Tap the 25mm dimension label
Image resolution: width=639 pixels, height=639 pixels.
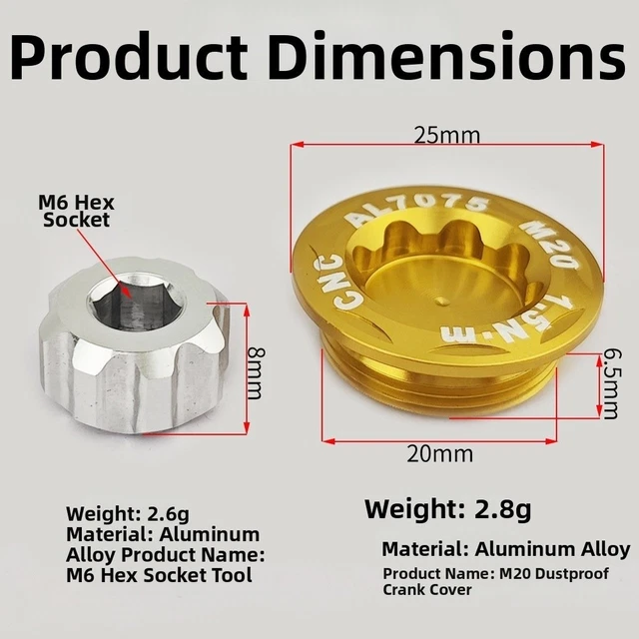tap(447, 134)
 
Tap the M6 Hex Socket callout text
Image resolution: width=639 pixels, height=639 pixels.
tap(76, 209)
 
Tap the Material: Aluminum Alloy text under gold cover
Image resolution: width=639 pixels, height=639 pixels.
tap(505, 548)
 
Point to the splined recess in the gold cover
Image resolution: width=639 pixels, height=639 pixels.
tap(439, 270)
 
